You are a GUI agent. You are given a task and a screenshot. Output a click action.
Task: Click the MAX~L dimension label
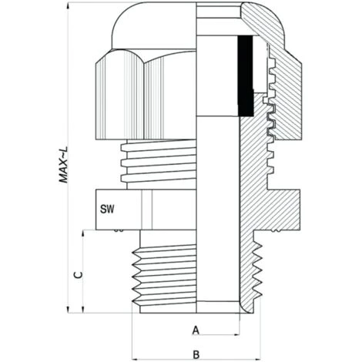pos(63,165)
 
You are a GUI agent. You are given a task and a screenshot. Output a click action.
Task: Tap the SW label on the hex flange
pos(107,209)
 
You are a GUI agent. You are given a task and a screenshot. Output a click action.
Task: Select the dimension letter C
pos(78,275)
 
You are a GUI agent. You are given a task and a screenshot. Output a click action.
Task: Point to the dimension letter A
pos(196,330)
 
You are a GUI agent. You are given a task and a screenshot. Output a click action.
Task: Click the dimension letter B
pos(196,354)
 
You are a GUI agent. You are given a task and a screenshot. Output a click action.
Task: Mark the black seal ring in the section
pos(246,76)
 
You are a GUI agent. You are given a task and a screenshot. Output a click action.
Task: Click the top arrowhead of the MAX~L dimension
pos(69,5)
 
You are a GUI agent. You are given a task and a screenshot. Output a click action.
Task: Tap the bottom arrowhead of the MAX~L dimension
pos(69,310)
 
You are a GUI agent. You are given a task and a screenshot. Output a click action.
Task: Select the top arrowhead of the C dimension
pos(83,233)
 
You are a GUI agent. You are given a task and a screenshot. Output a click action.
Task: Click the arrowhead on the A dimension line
pos(236,334)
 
